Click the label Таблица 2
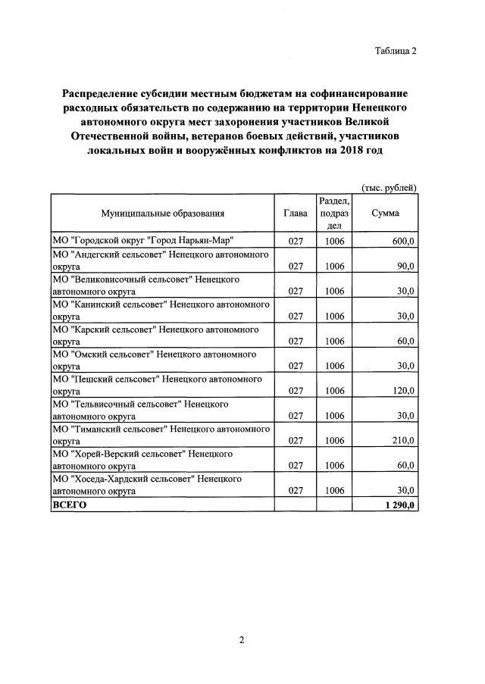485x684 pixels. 395,51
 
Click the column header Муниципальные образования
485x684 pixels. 163,214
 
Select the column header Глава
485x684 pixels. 296,214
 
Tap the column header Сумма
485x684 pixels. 385,214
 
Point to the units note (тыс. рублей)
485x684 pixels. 389,187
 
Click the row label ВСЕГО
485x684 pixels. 70,504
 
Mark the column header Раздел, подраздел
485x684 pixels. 334,214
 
